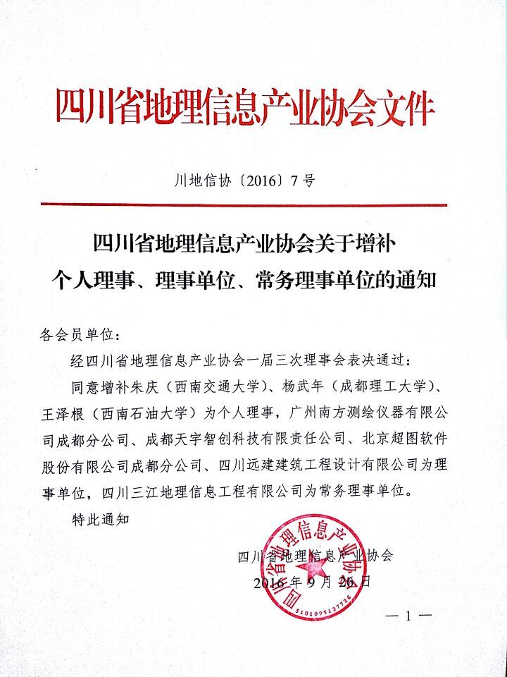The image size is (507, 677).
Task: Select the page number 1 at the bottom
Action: (408, 616)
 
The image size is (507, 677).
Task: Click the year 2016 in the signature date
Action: (267, 583)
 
